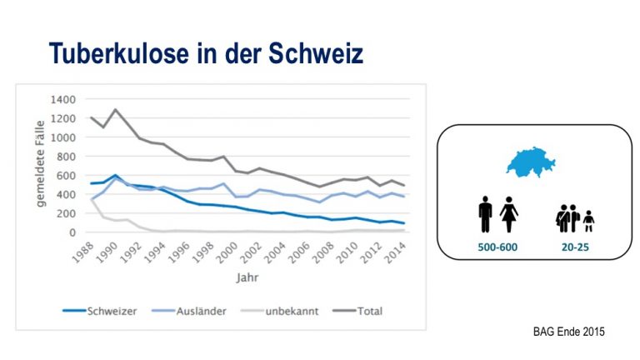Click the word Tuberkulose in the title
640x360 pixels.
[x=119, y=53]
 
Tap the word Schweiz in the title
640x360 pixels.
[x=316, y=53]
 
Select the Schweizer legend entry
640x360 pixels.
[x=100, y=311]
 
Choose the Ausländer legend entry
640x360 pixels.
[x=188, y=311]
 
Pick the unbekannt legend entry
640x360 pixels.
[x=280, y=311]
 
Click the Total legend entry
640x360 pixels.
[x=357, y=311]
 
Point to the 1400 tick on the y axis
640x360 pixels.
[x=62, y=99]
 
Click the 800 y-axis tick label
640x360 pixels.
[x=66, y=157]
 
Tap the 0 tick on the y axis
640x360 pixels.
[x=72, y=232]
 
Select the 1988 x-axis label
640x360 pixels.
[x=83, y=252]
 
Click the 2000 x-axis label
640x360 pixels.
[x=227, y=252]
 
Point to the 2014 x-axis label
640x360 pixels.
[x=396, y=252]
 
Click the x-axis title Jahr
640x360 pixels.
[x=247, y=277]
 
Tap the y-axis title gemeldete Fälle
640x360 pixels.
[x=40, y=163]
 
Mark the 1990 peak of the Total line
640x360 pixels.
[x=116, y=109]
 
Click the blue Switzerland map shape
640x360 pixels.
[x=530, y=162]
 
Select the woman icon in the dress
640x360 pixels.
[x=509, y=214]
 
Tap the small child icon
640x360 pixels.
[x=588, y=221]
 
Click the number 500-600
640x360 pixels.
[x=497, y=247]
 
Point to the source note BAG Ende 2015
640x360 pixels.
[x=569, y=332]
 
